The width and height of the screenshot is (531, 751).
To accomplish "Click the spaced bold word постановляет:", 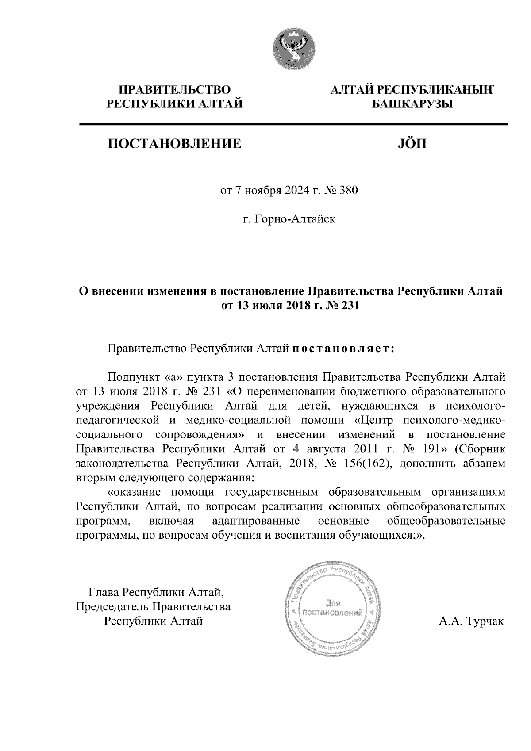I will [342, 349].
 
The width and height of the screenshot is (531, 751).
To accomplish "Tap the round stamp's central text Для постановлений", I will [332, 608].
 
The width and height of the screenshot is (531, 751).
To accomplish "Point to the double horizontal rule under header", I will [292, 126].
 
